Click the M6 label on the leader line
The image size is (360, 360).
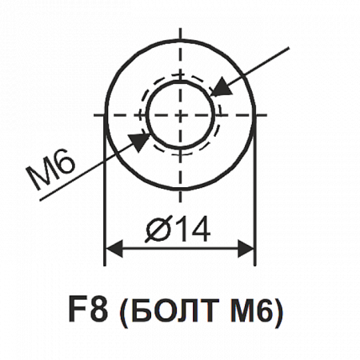pyautogui.click(x=50, y=170)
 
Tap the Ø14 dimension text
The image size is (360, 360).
pyautogui.click(x=178, y=229)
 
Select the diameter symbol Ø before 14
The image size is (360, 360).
pyautogui.click(x=158, y=230)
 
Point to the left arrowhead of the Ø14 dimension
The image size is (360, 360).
pyautogui.click(x=114, y=249)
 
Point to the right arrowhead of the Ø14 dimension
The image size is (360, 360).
pyautogui.click(x=246, y=249)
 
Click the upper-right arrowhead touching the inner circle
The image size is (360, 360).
pyautogui.click(x=221, y=87)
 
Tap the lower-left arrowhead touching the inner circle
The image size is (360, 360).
pyautogui.click(x=139, y=142)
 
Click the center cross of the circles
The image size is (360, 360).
pyautogui.click(x=181, y=115)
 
